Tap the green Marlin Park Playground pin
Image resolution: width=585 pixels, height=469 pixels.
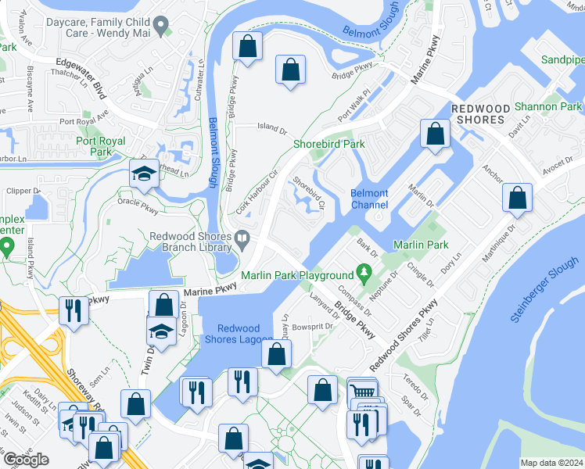363,274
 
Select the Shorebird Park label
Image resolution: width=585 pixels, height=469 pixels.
329,144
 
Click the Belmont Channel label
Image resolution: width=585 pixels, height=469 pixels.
369,199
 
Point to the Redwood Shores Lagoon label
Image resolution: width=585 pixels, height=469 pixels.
245,334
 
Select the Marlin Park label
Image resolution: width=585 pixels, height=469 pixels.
421,245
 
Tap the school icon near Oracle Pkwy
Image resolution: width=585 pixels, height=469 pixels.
145,175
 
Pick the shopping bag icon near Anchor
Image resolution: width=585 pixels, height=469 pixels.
435,134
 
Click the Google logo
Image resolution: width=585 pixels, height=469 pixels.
25,460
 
